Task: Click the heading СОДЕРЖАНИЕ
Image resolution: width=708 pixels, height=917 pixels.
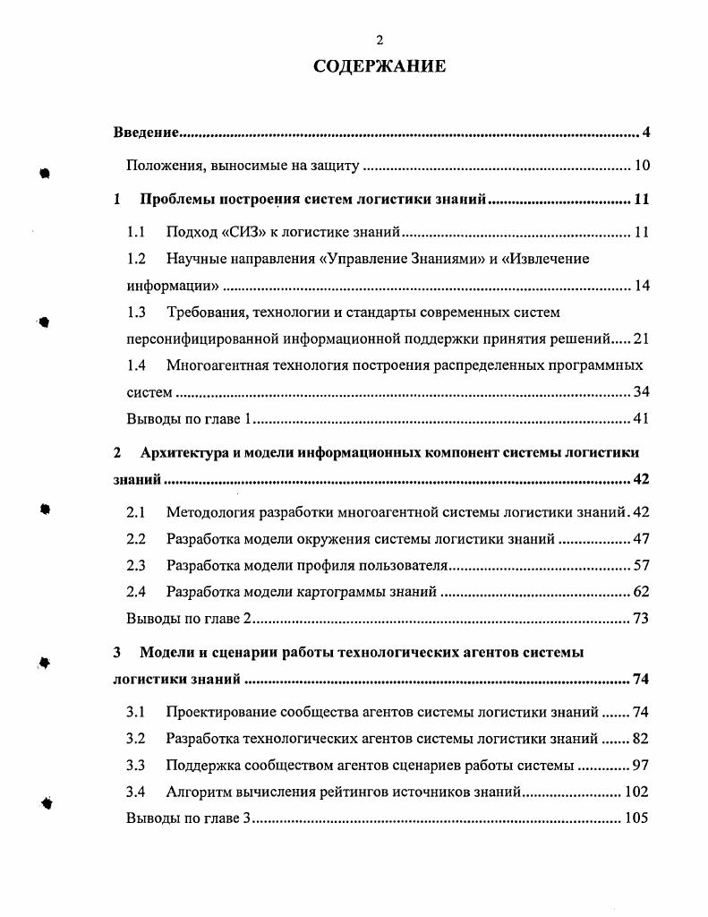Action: coord(380,67)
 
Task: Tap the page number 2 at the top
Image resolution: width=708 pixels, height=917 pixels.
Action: coord(380,40)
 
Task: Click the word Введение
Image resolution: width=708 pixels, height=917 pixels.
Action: coord(146,133)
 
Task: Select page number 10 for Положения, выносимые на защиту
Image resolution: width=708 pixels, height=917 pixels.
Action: coord(642,165)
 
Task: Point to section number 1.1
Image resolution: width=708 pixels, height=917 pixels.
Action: coord(136,233)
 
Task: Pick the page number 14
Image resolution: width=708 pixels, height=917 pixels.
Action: coord(642,287)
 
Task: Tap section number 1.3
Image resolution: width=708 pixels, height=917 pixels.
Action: coord(136,313)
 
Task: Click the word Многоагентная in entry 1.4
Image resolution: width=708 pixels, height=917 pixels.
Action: coord(211,365)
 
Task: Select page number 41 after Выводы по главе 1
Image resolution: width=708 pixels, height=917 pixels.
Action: coord(642,418)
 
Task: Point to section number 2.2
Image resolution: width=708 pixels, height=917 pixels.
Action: coord(136,539)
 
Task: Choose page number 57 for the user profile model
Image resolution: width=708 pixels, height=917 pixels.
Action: coord(642,565)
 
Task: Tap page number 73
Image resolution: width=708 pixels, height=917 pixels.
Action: coord(642,618)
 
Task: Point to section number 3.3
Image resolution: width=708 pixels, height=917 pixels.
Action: coord(136,766)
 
